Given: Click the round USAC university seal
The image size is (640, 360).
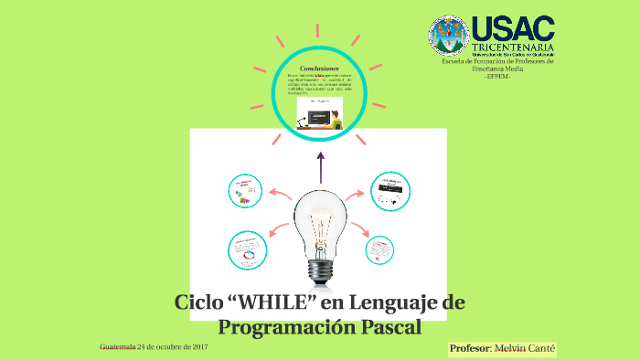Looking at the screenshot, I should [x=449, y=36].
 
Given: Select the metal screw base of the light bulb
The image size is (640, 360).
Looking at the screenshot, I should [x=320, y=269].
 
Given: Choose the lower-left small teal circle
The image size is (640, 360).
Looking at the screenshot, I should [x=247, y=250].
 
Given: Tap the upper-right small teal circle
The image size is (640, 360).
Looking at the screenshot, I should [x=389, y=190].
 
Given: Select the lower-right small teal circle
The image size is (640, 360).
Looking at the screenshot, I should [x=379, y=249].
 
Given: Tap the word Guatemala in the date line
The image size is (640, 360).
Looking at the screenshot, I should [x=117, y=347].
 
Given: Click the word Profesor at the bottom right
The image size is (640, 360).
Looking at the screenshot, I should [x=470, y=349].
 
